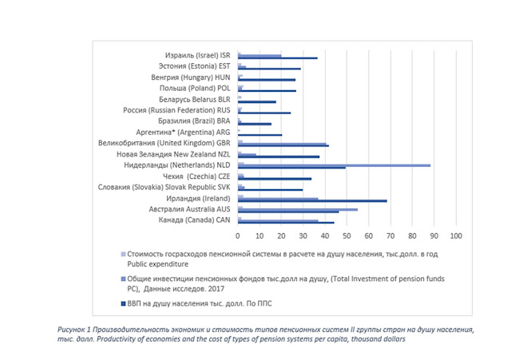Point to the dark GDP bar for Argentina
[x=259, y=135]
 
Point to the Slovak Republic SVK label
[x=172, y=186]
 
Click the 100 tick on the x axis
[x=456, y=236]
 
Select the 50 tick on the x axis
[x=347, y=236]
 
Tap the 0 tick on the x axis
[x=238, y=236]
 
